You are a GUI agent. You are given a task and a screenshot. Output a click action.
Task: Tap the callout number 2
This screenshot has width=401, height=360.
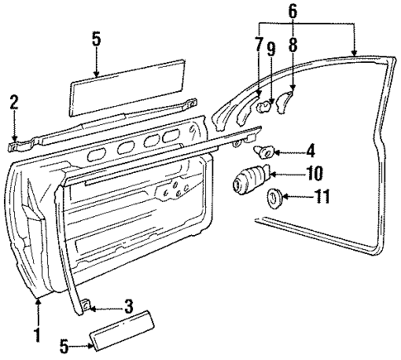[x=13, y=102]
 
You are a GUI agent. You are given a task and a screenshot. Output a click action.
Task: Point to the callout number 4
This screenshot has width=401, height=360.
[x=287, y=150]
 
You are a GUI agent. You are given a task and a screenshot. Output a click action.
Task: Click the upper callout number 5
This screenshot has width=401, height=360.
[x=95, y=37]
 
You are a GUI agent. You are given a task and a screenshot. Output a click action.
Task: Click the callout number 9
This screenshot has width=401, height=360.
[x=292, y=174]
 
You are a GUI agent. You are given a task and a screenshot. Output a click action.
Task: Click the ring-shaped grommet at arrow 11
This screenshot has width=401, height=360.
[x=271, y=198]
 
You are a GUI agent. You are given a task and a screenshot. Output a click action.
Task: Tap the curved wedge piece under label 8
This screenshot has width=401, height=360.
[x=284, y=102]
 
